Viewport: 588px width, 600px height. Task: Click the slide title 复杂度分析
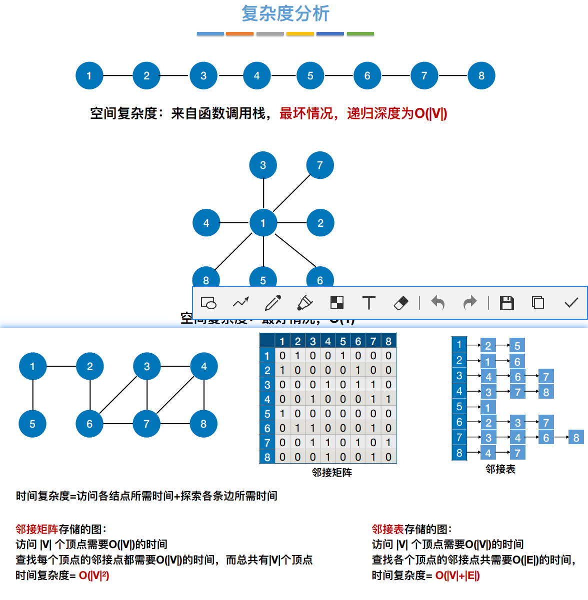285,13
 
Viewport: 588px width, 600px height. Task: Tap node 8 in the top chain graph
481,76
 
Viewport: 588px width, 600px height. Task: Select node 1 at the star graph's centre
263,223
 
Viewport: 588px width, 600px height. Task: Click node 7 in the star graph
320,165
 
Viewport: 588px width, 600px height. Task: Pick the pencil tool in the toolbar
273,303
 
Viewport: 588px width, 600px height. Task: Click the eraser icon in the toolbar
401,303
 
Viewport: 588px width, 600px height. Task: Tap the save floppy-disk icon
506,303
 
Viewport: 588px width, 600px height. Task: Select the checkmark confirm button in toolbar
571,303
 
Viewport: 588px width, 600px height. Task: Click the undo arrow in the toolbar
437,303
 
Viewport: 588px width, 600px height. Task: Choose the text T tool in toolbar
368,303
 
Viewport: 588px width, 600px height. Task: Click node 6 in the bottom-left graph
89,424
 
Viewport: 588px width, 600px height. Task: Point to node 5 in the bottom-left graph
32,424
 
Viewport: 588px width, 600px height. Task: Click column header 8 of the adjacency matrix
388,341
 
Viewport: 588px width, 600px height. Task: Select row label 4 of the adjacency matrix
267,399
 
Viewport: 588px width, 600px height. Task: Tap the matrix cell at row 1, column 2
297,356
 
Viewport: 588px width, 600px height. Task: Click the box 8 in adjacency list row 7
576,438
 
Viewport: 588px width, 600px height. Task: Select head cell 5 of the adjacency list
459,407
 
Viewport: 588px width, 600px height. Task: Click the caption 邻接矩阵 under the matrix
332,472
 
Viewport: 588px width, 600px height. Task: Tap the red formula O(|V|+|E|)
457,576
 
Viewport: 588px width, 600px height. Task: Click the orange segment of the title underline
239,34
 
